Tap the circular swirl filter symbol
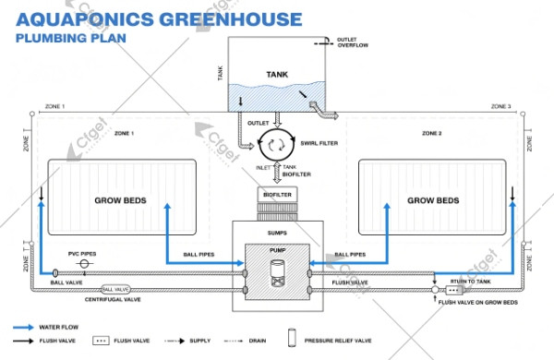tap(273, 142)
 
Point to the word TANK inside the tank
tap(278, 76)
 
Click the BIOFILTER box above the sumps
tap(276, 195)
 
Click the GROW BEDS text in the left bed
tap(122, 200)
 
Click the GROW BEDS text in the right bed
tap(433, 200)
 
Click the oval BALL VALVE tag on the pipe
tap(116, 290)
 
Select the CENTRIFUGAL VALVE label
tap(115, 301)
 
